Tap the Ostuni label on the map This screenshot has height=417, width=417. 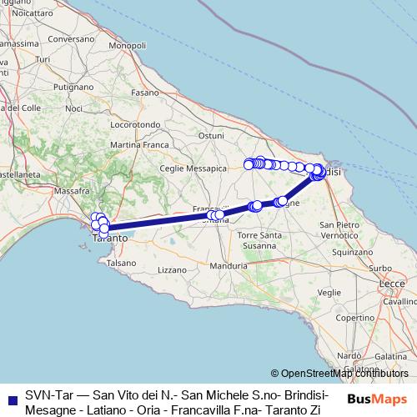[211, 134]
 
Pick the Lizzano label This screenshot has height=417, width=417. [173, 269]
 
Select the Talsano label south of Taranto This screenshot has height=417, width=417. [120, 262]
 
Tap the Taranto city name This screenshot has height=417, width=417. [109, 238]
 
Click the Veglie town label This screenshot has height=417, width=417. [330, 292]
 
